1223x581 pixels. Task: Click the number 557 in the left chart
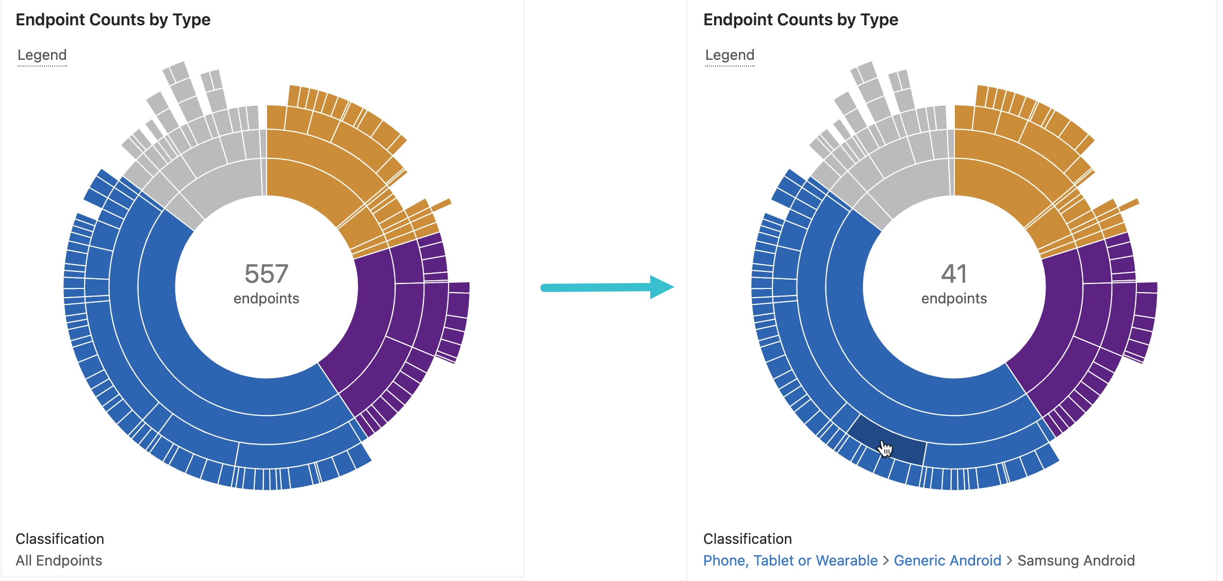266,273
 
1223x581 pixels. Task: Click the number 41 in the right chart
954,273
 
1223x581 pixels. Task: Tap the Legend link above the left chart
42,55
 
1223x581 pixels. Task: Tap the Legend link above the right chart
730,55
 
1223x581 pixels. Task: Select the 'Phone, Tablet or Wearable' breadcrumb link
790,560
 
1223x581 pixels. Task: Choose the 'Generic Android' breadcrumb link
947,560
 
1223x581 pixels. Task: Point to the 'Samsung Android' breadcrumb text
1076,560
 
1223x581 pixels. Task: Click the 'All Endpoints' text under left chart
59,560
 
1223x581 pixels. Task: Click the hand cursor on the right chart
885,448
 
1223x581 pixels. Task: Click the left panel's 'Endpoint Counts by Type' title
113,20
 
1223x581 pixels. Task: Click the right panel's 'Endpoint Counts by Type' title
801,20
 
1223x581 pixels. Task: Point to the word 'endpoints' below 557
266,298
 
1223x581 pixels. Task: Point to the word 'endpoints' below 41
954,298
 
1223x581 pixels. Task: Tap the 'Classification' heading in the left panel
60,539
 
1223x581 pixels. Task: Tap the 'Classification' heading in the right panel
747,539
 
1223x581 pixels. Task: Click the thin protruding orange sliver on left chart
441,205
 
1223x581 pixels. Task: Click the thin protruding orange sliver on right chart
1129,205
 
